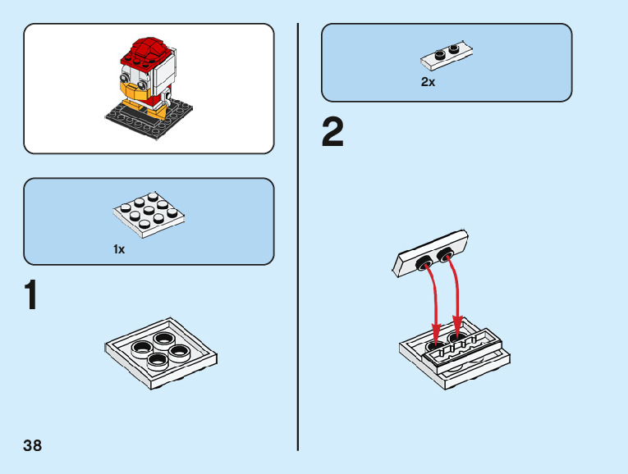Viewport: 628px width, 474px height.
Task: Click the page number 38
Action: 33,446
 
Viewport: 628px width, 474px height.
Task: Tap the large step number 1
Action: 30,296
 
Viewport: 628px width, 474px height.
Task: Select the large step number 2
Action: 332,134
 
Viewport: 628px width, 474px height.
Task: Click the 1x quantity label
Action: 119,249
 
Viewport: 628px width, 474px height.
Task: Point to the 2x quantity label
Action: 428,82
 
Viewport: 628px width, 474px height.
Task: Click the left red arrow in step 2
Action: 432,303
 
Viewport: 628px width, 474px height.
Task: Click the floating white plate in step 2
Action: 430,258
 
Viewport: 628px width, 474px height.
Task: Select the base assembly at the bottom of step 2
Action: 455,357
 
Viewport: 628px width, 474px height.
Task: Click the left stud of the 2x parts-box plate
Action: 440,55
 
